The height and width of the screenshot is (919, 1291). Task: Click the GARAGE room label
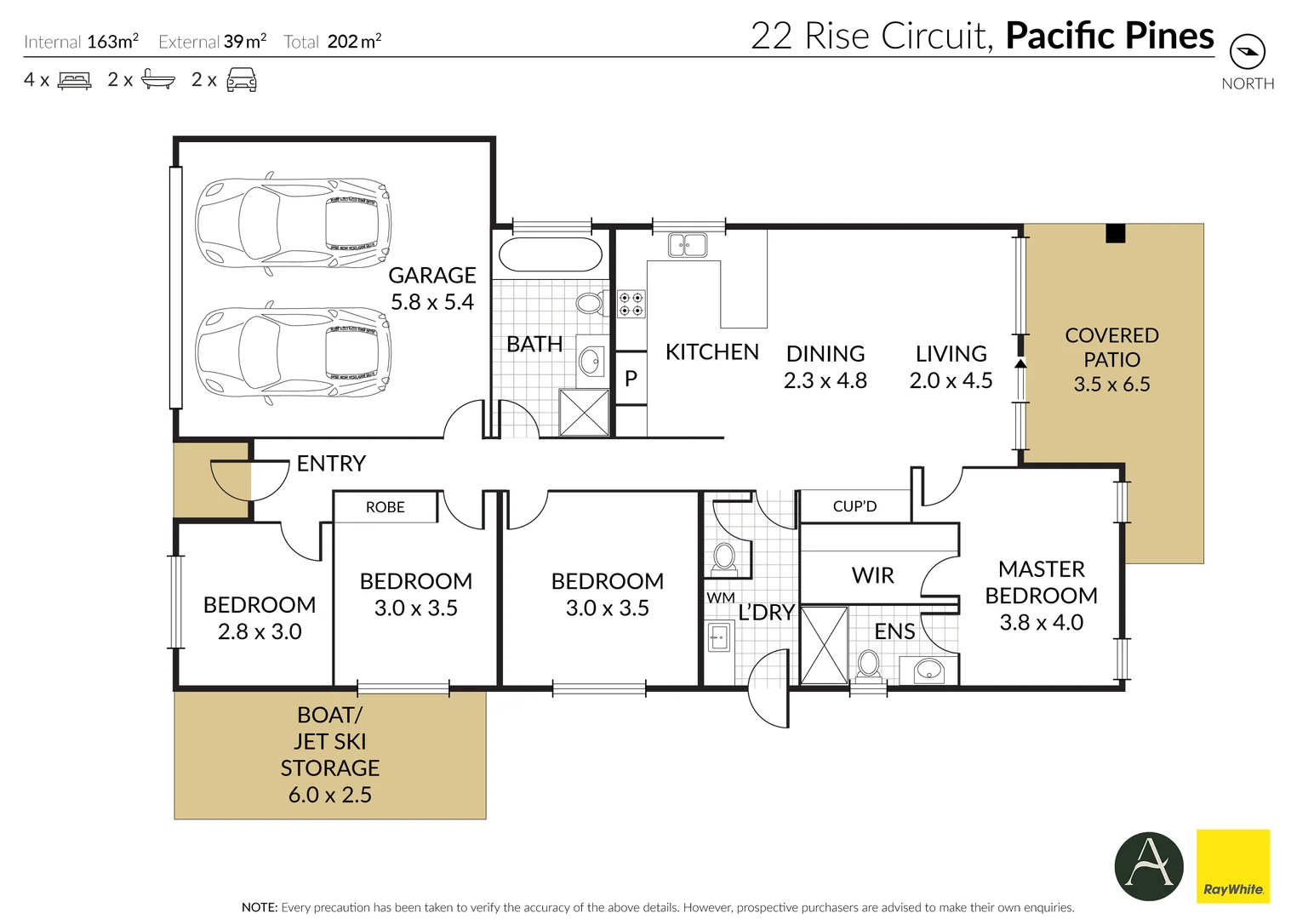(432, 276)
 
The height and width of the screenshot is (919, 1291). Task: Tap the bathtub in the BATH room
(551, 254)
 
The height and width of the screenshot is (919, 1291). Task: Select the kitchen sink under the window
(688, 245)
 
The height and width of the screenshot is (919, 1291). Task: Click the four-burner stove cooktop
(631, 305)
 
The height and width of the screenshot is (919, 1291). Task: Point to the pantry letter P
(631, 379)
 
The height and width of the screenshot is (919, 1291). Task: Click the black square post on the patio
(1115, 233)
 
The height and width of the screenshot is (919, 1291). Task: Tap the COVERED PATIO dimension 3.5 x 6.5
(1111, 385)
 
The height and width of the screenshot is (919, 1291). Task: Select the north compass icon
(1248, 53)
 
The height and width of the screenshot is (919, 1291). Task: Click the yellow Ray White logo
(1233, 866)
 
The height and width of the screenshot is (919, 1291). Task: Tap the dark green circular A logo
(1149, 866)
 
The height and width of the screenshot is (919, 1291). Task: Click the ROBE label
(385, 507)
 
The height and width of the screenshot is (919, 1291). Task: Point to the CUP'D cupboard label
(854, 506)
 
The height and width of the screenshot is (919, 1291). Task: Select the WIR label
(872, 575)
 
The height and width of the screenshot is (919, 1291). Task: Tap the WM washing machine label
(721, 598)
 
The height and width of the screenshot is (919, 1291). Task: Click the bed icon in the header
(74, 81)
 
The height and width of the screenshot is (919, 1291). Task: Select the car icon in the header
(242, 79)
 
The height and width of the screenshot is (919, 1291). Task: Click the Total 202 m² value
(354, 42)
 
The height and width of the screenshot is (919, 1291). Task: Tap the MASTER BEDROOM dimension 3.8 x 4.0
(1041, 622)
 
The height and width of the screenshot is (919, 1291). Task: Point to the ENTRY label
(331, 463)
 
